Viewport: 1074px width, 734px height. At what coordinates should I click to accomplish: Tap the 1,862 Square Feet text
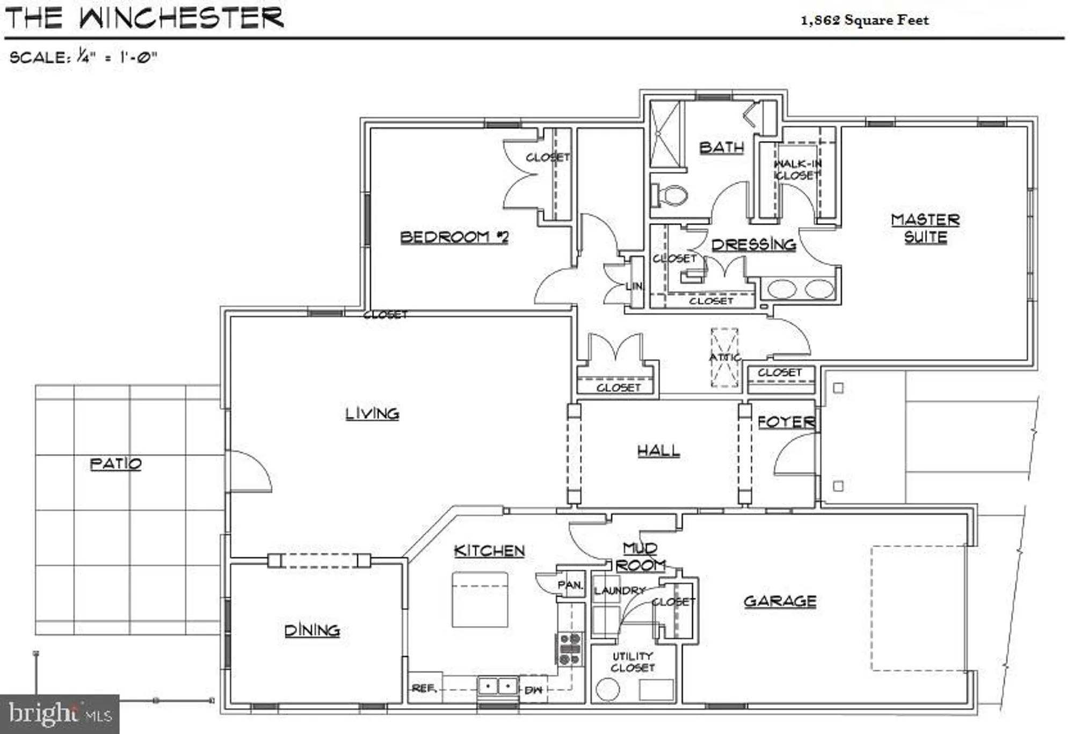click(864, 20)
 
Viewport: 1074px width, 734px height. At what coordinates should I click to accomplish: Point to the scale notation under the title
click(83, 56)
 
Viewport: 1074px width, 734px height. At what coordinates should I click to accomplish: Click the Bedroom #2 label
click(454, 237)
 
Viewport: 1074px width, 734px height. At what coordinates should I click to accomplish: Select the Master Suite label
click(925, 228)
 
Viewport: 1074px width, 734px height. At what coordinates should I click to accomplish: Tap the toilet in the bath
click(669, 195)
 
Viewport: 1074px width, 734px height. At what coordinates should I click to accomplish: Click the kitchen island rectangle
click(480, 599)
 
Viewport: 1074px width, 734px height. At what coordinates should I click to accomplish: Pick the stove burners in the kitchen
click(570, 649)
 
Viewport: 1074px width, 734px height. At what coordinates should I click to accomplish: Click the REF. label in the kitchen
click(424, 688)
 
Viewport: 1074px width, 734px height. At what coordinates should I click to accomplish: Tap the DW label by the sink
click(533, 690)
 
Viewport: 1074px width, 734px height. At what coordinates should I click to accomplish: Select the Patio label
click(115, 464)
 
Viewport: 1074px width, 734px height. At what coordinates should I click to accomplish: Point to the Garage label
click(780, 601)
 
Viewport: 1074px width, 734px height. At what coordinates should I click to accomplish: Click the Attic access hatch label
click(724, 358)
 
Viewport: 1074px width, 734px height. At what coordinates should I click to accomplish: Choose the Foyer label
click(786, 422)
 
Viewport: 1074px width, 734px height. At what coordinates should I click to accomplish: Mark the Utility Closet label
click(633, 662)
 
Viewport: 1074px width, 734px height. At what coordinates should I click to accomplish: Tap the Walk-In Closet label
click(797, 170)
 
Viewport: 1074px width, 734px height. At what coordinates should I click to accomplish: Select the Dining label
click(312, 630)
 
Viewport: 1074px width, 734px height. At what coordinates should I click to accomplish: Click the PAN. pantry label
click(570, 585)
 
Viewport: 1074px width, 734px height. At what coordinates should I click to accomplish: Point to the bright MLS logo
click(59, 714)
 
